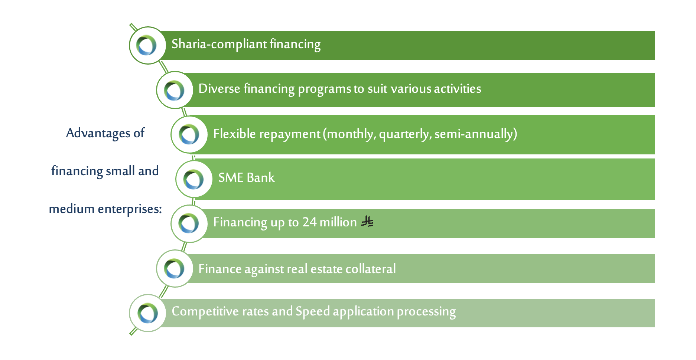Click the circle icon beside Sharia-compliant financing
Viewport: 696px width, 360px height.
click(x=147, y=45)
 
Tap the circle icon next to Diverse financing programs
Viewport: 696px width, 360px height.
click(x=175, y=90)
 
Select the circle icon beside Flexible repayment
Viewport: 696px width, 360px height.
click(x=189, y=134)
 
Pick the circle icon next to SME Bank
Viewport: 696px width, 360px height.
click(x=194, y=179)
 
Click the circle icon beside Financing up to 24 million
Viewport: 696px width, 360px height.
click(x=189, y=224)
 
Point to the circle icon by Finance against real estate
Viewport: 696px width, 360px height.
click(x=175, y=268)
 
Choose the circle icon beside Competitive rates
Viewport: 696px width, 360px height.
click(x=147, y=313)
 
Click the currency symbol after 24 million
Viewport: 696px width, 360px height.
click(x=367, y=222)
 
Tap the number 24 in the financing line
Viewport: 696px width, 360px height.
click(x=309, y=222)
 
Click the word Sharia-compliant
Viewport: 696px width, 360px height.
click(x=219, y=44)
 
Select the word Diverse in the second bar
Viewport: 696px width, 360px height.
click(x=219, y=88)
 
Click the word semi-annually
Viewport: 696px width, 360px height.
click(x=476, y=134)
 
